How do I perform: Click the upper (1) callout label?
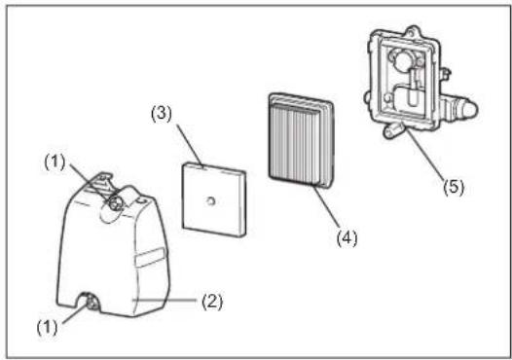(55, 162)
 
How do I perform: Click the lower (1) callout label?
(47, 327)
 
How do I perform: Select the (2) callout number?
(212, 302)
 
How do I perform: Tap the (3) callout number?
(162, 114)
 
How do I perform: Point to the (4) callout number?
(347, 238)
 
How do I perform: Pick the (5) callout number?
(454, 188)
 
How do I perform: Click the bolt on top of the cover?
(114, 204)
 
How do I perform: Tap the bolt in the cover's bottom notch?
(91, 303)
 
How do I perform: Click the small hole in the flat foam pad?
(211, 201)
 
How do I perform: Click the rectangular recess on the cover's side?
(150, 258)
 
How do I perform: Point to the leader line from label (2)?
(164, 300)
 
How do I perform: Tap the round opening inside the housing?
(404, 60)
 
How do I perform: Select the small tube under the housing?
(391, 129)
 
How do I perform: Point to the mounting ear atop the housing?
(414, 31)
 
